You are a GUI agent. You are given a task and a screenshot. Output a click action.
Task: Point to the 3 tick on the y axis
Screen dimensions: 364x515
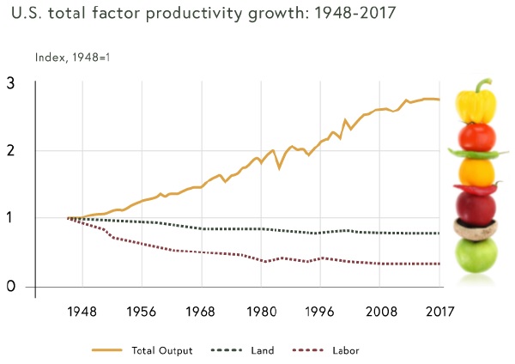click(10, 83)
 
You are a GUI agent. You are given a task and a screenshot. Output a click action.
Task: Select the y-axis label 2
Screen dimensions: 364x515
click(10, 151)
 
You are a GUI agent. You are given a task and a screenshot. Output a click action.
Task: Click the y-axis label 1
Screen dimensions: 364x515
click(10, 218)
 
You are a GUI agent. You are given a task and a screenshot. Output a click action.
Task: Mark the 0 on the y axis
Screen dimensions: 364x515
click(10, 286)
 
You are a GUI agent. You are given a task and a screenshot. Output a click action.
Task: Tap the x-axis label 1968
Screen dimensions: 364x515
click(202, 311)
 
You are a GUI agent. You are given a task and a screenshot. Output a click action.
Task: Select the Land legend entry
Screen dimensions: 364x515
click(258, 350)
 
